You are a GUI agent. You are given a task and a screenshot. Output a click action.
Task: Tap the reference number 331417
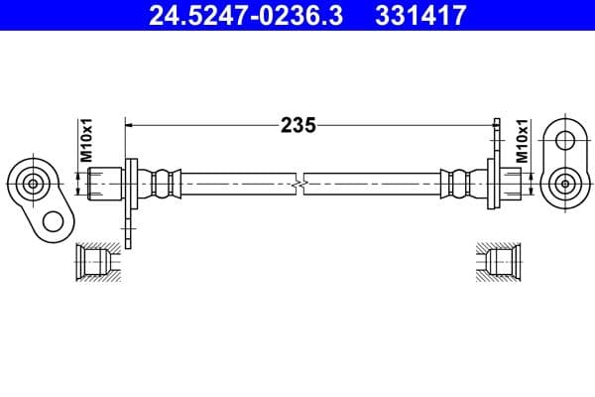(417, 16)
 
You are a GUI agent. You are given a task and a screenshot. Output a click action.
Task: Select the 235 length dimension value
(297, 125)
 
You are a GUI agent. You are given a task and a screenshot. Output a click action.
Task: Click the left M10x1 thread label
(86, 141)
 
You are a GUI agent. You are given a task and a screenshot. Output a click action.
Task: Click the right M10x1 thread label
(522, 141)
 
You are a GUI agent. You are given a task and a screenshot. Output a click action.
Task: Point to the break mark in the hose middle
(299, 183)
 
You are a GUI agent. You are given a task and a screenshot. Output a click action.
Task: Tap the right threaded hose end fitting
(508, 183)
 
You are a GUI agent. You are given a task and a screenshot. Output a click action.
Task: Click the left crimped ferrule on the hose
(164, 183)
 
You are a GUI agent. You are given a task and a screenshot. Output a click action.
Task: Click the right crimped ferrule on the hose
(457, 183)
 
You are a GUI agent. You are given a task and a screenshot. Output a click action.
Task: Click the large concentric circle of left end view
(33, 183)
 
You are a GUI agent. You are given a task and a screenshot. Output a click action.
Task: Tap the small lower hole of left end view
(53, 219)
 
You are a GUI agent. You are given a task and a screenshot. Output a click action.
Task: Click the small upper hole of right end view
(566, 139)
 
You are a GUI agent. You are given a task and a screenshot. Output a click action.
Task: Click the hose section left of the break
(238, 183)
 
